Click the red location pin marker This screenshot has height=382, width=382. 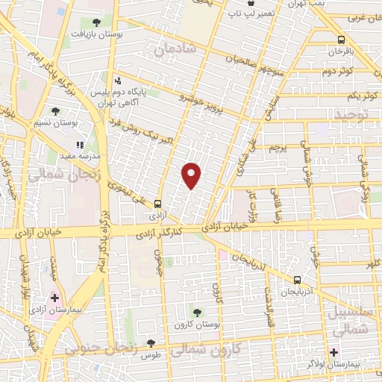pyautogui.click(x=192, y=175)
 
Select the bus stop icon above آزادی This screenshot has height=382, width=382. pyautogui.click(x=157, y=203)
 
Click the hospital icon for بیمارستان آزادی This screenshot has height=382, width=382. pyautogui.click(x=54, y=298)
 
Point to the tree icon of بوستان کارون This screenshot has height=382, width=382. pyautogui.click(x=198, y=313)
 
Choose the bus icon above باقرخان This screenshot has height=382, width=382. pyautogui.click(x=340, y=40)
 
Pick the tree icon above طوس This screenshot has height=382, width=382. pyautogui.click(x=151, y=343)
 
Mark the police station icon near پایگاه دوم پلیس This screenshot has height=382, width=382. pyautogui.click(x=116, y=81)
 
